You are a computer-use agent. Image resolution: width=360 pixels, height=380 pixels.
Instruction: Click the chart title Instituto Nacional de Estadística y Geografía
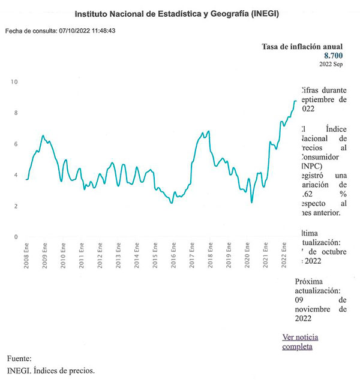tap(180, 13)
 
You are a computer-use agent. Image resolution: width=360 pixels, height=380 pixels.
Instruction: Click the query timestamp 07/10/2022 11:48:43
tap(87, 30)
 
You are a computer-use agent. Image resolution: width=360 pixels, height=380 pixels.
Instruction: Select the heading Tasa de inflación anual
tap(302, 46)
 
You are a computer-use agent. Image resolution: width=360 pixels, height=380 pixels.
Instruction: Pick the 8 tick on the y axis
tap(16, 113)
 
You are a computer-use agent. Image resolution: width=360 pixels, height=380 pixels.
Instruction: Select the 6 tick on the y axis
tap(16, 144)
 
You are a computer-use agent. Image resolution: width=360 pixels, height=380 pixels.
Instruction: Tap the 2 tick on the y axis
tap(16, 206)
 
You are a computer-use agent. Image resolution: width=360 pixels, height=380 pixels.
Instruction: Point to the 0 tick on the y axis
tap(16, 237)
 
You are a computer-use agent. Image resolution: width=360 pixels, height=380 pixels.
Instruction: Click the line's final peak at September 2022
tap(295, 101)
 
